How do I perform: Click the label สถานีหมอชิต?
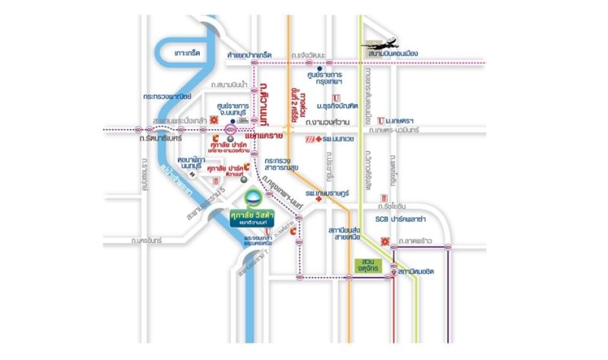[x=419, y=273]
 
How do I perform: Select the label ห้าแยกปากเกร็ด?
[x=238, y=56]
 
